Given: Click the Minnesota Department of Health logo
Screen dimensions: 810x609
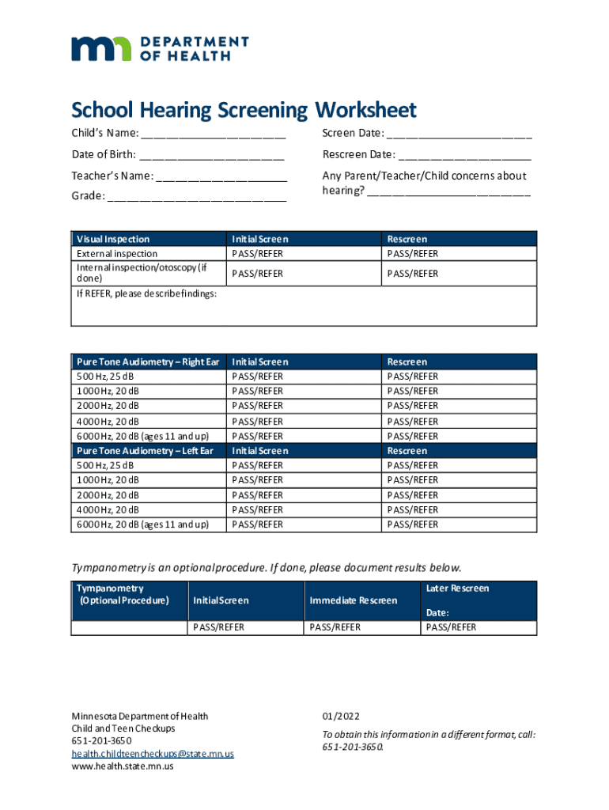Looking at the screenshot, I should tap(160, 48).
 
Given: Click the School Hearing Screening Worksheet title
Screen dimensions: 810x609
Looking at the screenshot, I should tap(244, 110).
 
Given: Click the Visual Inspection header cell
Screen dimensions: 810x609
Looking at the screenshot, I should tap(113, 239).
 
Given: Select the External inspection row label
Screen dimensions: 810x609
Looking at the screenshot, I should tap(116, 254).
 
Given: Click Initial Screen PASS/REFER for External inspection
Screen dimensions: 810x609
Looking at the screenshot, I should tap(257, 254).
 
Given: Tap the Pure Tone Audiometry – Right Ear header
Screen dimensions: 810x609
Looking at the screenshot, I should tap(148, 361).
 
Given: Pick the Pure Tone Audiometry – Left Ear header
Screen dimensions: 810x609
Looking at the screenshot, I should tap(145, 451).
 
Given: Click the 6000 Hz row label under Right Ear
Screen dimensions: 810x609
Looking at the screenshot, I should tap(142, 436).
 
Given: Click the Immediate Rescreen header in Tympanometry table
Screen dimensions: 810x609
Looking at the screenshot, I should tap(354, 600).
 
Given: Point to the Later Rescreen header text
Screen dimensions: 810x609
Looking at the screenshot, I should tap(457, 589).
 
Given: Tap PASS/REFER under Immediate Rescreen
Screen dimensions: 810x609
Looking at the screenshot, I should tap(335, 627).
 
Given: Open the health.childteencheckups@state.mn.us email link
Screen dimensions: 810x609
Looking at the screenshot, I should tap(153, 754).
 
